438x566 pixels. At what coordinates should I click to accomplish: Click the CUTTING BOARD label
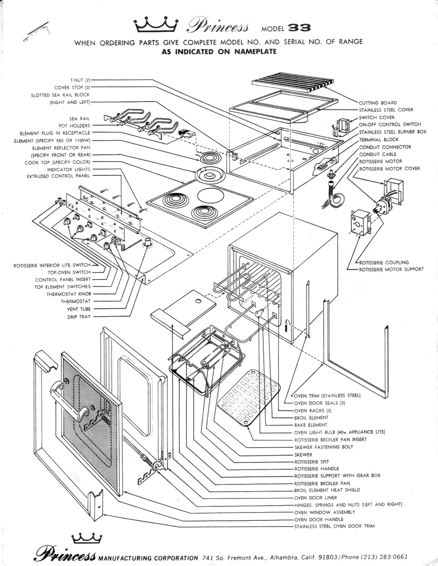coord(378,103)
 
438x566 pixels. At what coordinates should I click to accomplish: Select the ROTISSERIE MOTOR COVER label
coord(389,169)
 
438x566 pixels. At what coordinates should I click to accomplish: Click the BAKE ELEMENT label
coord(311,425)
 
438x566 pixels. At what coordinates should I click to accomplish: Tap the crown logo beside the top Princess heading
coord(155,22)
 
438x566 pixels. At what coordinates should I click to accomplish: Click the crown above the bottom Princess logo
coord(87,538)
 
